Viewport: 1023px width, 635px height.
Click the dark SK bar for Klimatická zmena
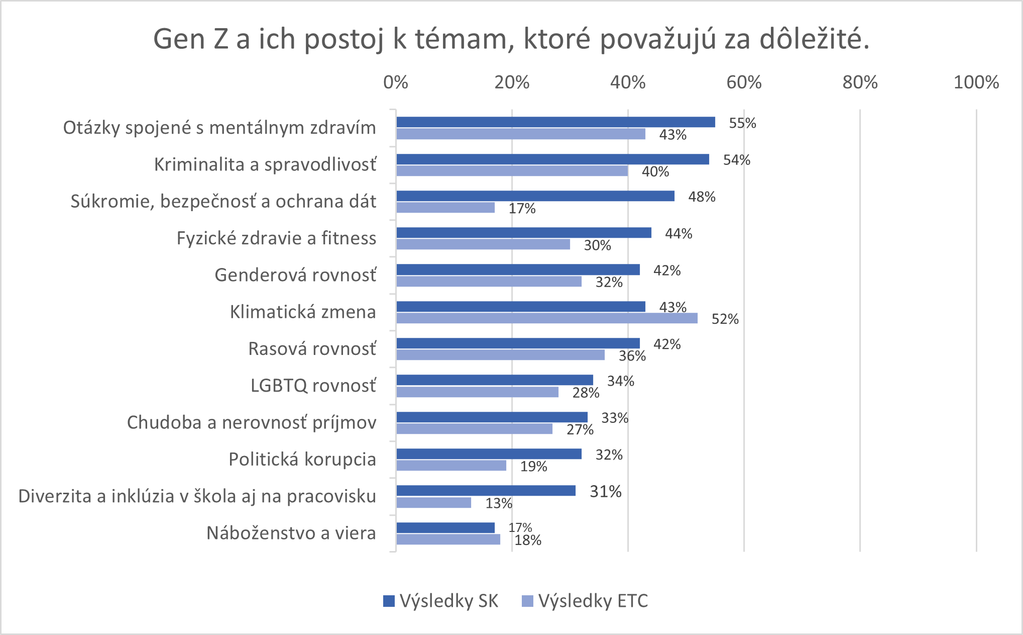(x=520, y=306)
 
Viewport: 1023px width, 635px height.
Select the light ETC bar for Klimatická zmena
(x=546, y=318)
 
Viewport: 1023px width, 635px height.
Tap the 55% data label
(x=742, y=123)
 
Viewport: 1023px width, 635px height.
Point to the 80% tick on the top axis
(x=860, y=82)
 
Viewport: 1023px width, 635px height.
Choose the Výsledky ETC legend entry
(x=586, y=601)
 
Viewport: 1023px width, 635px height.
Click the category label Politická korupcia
(x=302, y=460)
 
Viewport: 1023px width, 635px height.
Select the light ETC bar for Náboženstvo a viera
(x=448, y=539)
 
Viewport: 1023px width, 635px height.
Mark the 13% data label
(x=499, y=503)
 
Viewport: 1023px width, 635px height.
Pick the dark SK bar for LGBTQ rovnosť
(x=495, y=380)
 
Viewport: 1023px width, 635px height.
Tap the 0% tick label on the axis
(x=396, y=82)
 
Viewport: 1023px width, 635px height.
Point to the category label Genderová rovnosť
(x=295, y=275)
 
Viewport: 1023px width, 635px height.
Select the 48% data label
(x=702, y=197)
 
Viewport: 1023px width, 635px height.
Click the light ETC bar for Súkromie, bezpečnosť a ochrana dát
(x=445, y=208)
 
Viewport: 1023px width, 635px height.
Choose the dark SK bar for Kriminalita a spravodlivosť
(x=552, y=159)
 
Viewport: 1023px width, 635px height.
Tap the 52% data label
(x=725, y=319)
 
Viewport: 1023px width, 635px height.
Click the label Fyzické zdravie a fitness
(x=276, y=238)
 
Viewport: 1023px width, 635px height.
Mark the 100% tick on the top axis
(x=976, y=82)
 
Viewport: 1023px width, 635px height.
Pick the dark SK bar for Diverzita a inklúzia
(x=486, y=491)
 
